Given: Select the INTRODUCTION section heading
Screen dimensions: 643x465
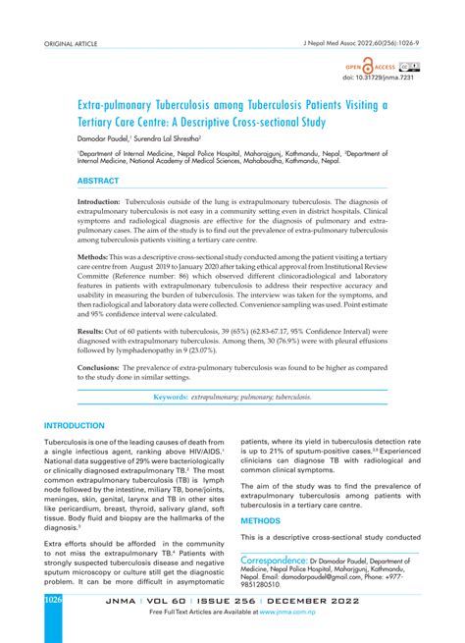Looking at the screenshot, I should [x=74, y=426].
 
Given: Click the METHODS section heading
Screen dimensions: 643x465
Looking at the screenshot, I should [x=261, y=521].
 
